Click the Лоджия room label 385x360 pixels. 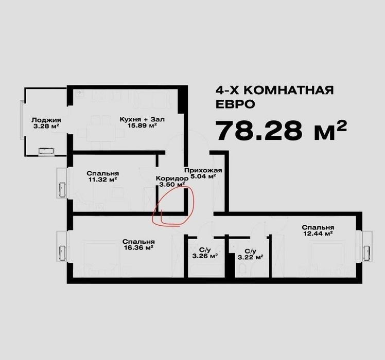pyautogui.click(x=46, y=120)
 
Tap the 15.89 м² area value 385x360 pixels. pyautogui.click(x=142, y=125)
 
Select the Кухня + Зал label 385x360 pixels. pyautogui.click(x=142, y=119)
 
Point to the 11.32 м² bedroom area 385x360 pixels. pyautogui.click(x=102, y=179)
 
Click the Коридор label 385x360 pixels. pyautogui.click(x=172, y=178)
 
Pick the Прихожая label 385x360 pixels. pyautogui.click(x=203, y=170)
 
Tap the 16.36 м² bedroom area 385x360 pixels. pyautogui.click(x=139, y=247)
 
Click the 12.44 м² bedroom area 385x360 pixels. pyautogui.click(x=318, y=233)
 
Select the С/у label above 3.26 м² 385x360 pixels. pyautogui.click(x=205, y=250)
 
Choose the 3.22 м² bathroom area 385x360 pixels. pyautogui.click(x=251, y=257)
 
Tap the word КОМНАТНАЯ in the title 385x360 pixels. pyautogui.click(x=289, y=91)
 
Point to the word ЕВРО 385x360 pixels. pyautogui.click(x=235, y=104)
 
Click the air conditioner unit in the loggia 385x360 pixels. pyautogui.click(x=46, y=151)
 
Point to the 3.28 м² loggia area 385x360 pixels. pyautogui.click(x=46, y=127)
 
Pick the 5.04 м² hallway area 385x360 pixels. pyautogui.click(x=203, y=176)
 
